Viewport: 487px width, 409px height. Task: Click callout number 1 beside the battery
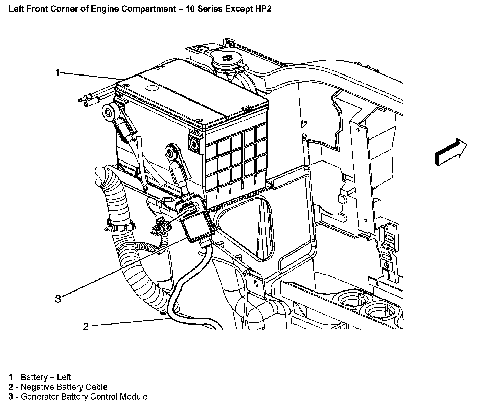coord(58,73)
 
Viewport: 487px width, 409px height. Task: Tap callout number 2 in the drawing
coord(86,326)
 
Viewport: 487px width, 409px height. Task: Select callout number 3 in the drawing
coord(58,299)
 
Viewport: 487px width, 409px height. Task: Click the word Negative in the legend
coord(36,387)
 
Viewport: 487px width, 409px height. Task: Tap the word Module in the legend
coord(134,396)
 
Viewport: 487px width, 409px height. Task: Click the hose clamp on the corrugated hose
coord(120,224)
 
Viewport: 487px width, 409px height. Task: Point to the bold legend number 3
coord(11,396)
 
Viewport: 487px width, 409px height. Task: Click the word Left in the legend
coord(64,377)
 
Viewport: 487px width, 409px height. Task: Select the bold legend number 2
coord(11,387)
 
